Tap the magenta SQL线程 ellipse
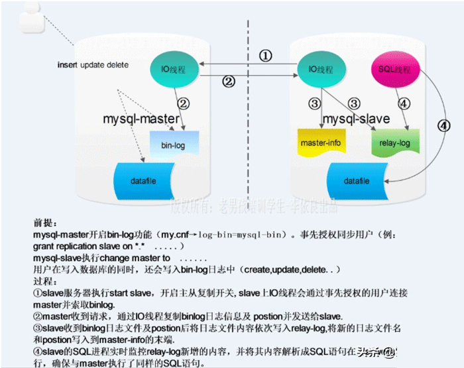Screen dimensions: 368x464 tap(393, 69)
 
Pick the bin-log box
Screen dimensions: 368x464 tap(173, 145)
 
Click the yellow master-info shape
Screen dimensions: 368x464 tap(320, 143)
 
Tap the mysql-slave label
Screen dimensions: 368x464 tap(356, 119)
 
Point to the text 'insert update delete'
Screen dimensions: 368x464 tap(93, 65)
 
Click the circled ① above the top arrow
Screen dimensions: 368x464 tap(264, 56)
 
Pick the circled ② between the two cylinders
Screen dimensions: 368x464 tap(228, 82)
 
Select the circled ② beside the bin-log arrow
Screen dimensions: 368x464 tap(184, 104)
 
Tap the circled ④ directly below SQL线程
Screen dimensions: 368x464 tap(404, 103)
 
